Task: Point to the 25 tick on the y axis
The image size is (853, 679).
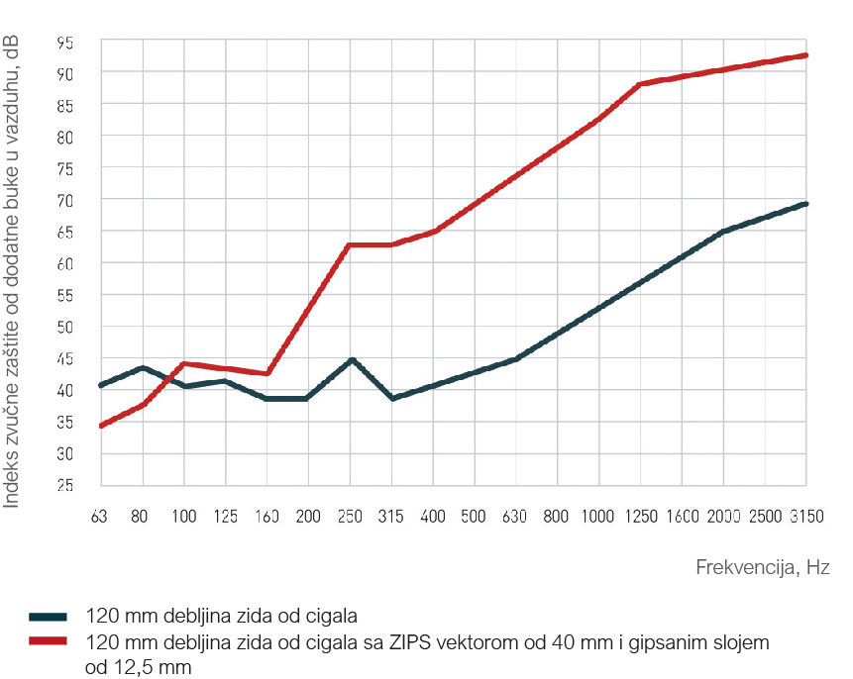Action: point(64,486)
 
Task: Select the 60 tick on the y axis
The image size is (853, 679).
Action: point(64,263)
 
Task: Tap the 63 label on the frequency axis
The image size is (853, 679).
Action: point(100,517)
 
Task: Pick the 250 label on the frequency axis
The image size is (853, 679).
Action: point(349,517)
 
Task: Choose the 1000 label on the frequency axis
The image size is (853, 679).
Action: point(597,517)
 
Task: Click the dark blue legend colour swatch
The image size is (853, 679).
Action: point(47,615)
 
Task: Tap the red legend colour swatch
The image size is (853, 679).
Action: point(47,641)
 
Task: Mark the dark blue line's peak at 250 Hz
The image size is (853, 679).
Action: point(351,360)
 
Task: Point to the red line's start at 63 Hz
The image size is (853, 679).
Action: point(101,426)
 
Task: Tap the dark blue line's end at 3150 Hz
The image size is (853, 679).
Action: point(805,204)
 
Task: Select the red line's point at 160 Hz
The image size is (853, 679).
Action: point(267,373)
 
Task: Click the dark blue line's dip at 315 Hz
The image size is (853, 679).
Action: point(393,398)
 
